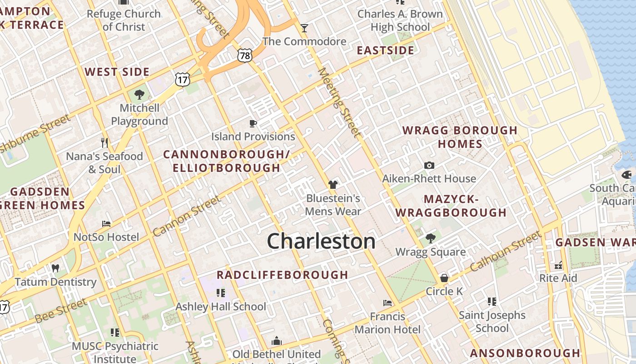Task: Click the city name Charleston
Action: pyautogui.click(x=321, y=241)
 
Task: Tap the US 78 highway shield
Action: pyautogui.click(x=244, y=56)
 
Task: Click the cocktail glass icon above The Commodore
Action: pyautogui.click(x=304, y=28)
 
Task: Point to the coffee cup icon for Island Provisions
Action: pyautogui.click(x=253, y=123)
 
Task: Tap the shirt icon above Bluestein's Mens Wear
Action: pyautogui.click(x=333, y=185)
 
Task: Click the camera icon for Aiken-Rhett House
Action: pyautogui.click(x=429, y=166)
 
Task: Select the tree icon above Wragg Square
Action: pyautogui.click(x=430, y=238)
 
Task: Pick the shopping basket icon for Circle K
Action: pyautogui.click(x=444, y=278)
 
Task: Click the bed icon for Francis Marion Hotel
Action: pyautogui.click(x=387, y=303)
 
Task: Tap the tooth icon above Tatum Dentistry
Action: pyautogui.click(x=55, y=268)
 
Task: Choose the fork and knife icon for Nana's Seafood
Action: pyautogui.click(x=104, y=143)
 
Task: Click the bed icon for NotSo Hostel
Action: pyautogui.click(x=106, y=224)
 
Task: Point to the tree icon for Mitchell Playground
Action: pyautogui.click(x=139, y=95)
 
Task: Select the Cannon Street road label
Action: pyautogui.click(x=187, y=216)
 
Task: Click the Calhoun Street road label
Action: pyautogui.click(x=506, y=251)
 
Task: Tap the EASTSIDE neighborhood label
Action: pyautogui.click(x=385, y=51)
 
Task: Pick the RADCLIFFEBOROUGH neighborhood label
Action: pyautogui.click(x=282, y=275)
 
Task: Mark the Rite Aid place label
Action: pyautogui.click(x=558, y=278)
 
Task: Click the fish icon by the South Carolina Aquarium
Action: pyautogui.click(x=626, y=175)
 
